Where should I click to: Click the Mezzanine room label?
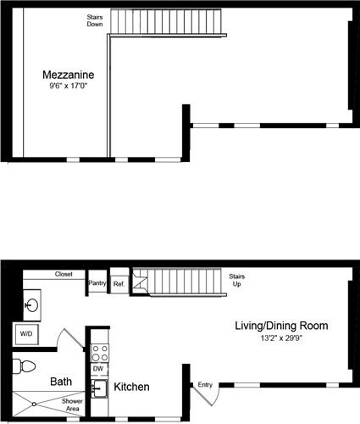tap(69, 75)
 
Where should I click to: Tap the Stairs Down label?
tap(95, 20)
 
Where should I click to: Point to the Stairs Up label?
tap(238, 282)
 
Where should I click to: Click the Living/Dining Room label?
tap(281, 326)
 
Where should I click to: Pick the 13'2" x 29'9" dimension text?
tap(281, 338)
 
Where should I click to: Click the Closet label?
tap(64, 275)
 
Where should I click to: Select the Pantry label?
tap(97, 284)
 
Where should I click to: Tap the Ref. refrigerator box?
tap(119, 284)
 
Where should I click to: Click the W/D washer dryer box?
tap(25, 334)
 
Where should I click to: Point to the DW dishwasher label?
tap(98, 370)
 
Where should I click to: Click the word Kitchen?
tap(132, 388)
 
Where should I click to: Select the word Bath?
tap(61, 382)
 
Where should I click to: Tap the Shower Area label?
tap(71, 405)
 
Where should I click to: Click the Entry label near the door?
tap(205, 385)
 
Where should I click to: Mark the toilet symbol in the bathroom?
tap(25, 368)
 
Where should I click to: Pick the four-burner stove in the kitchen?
tap(98, 350)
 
